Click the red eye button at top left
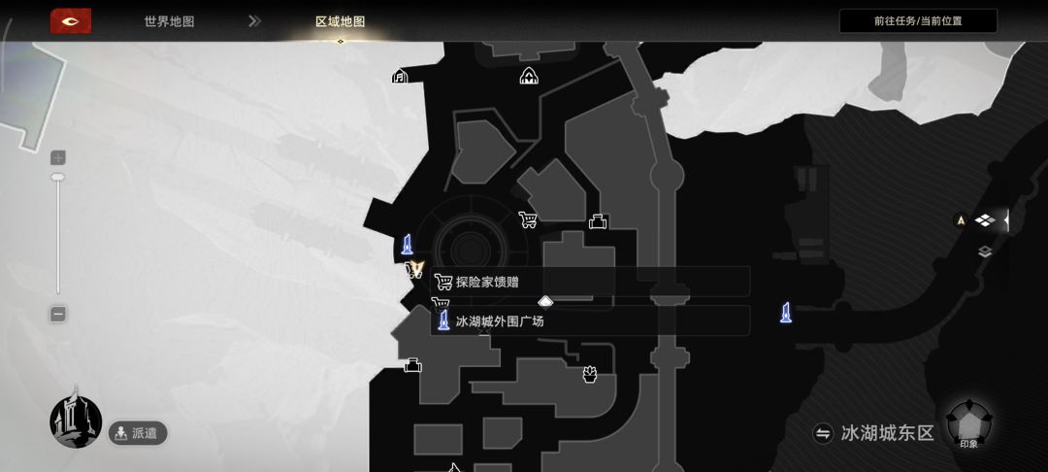click(70, 21)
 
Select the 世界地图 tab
click(169, 21)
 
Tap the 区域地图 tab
click(341, 21)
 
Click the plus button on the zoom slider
click(58, 157)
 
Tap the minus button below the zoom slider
click(58, 314)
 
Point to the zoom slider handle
click(58, 177)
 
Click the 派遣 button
click(138, 433)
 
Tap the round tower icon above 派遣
click(76, 421)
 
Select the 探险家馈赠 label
click(486, 282)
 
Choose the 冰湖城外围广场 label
click(500, 321)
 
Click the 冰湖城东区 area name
click(887, 433)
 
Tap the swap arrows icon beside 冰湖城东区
click(822, 433)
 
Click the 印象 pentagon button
click(969, 423)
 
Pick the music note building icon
click(400, 76)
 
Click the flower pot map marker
click(590, 374)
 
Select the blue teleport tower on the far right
click(786, 312)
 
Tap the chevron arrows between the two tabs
click(254, 21)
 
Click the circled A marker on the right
click(961, 219)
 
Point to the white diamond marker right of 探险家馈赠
click(545, 301)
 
